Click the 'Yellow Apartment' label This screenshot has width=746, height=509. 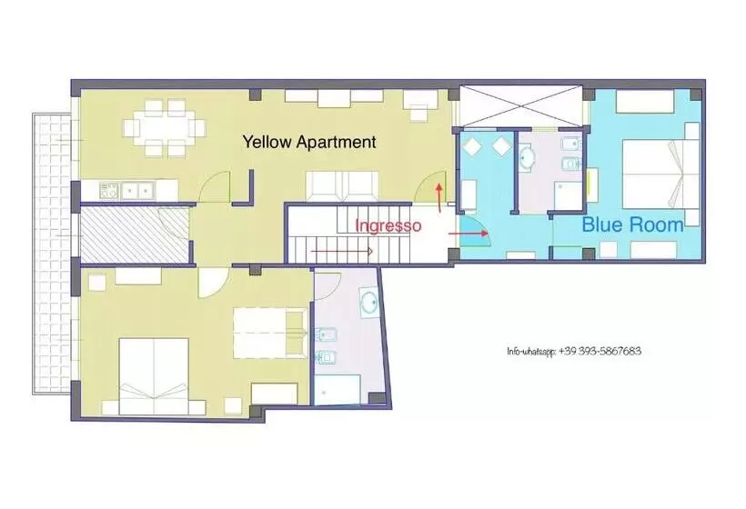click(x=309, y=142)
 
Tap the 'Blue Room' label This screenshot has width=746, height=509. click(x=633, y=225)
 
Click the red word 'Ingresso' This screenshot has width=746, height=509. click(x=388, y=225)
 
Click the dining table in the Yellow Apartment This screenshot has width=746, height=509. click(x=164, y=128)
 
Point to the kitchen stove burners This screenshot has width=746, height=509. click(x=109, y=191)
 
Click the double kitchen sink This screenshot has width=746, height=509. click(x=138, y=191)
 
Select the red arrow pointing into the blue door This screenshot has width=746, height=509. click(x=469, y=234)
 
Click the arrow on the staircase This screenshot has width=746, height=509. click(x=341, y=251)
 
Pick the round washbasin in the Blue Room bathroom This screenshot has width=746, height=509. click(x=526, y=158)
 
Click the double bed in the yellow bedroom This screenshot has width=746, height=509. click(x=154, y=376)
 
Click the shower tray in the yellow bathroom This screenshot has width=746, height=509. click(x=338, y=389)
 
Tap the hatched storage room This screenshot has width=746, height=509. click(x=136, y=235)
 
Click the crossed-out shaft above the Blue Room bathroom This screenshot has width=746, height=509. click(x=521, y=107)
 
